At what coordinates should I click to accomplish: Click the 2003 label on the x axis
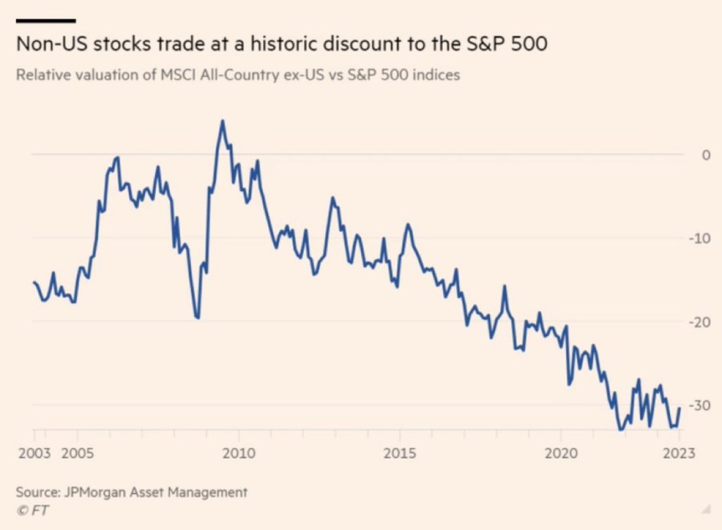(33, 452)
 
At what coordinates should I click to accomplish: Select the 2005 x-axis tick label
(78, 452)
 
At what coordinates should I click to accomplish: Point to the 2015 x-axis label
(399, 452)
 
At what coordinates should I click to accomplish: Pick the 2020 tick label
(561, 452)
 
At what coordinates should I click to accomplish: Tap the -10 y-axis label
(702, 238)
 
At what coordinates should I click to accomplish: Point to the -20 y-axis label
(702, 321)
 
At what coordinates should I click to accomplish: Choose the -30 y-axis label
(702, 405)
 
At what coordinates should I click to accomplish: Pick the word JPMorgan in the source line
(94, 492)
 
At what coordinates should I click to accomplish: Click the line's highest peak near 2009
(222, 121)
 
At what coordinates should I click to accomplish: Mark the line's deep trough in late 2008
(198, 319)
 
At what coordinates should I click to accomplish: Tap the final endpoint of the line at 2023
(680, 408)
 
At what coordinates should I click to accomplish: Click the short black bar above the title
(45, 20)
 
